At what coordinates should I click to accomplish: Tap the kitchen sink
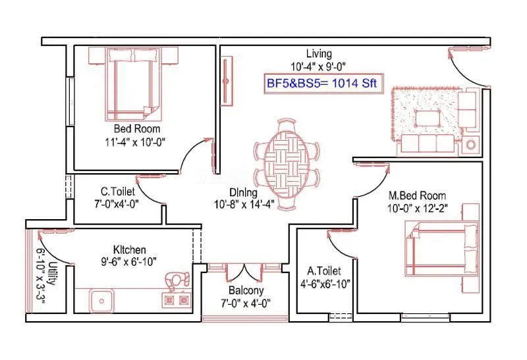click(x=101, y=301)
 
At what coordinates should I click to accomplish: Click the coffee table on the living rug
click(x=428, y=118)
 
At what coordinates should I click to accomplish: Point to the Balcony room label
click(x=246, y=290)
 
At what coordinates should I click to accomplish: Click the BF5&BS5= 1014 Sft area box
click(x=323, y=84)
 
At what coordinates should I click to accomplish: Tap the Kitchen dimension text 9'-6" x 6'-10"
click(x=129, y=261)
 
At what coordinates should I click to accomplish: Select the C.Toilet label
click(x=118, y=192)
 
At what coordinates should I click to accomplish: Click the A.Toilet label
click(x=324, y=270)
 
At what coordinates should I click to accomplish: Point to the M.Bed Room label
click(x=418, y=195)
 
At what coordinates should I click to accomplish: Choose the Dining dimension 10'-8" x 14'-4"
click(x=244, y=204)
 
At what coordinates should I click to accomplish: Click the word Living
click(x=319, y=54)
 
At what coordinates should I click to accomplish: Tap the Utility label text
click(x=51, y=273)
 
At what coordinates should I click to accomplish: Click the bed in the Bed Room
click(x=134, y=84)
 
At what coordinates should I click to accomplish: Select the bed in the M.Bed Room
click(x=442, y=249)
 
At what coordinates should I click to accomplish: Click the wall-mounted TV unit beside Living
click(x=227, y=81)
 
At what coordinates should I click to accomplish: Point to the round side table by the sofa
click(x=471, y=145)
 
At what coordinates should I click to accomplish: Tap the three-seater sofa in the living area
click(x=428, y=144)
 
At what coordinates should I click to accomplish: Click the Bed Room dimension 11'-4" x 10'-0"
click(x=135, y=142)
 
